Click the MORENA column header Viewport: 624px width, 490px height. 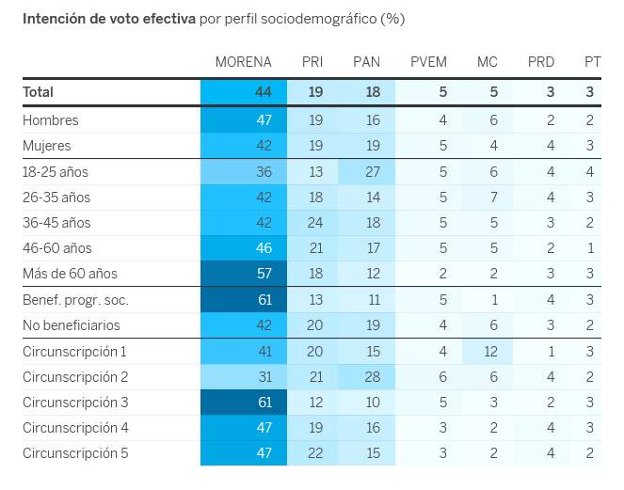click(x=243, y=62)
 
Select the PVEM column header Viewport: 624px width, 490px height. click(x=428, y=62)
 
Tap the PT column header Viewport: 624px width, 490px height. click(x=592, y=62)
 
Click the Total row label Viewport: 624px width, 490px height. click(x=39, y=92)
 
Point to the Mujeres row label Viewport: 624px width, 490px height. click(x=47, y=146)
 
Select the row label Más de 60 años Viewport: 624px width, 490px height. click(x=70, y=274)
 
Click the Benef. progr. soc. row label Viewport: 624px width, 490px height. click(x=75, y=300)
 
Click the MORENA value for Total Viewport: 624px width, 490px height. click(x=263, y=92)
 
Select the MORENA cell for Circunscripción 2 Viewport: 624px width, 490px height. click(x=263, y=377)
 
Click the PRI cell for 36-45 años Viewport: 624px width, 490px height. click(x=314, y=223)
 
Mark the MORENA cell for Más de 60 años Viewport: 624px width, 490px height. click(x=263, y=274)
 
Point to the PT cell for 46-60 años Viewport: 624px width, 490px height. click(x=589, y=248)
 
